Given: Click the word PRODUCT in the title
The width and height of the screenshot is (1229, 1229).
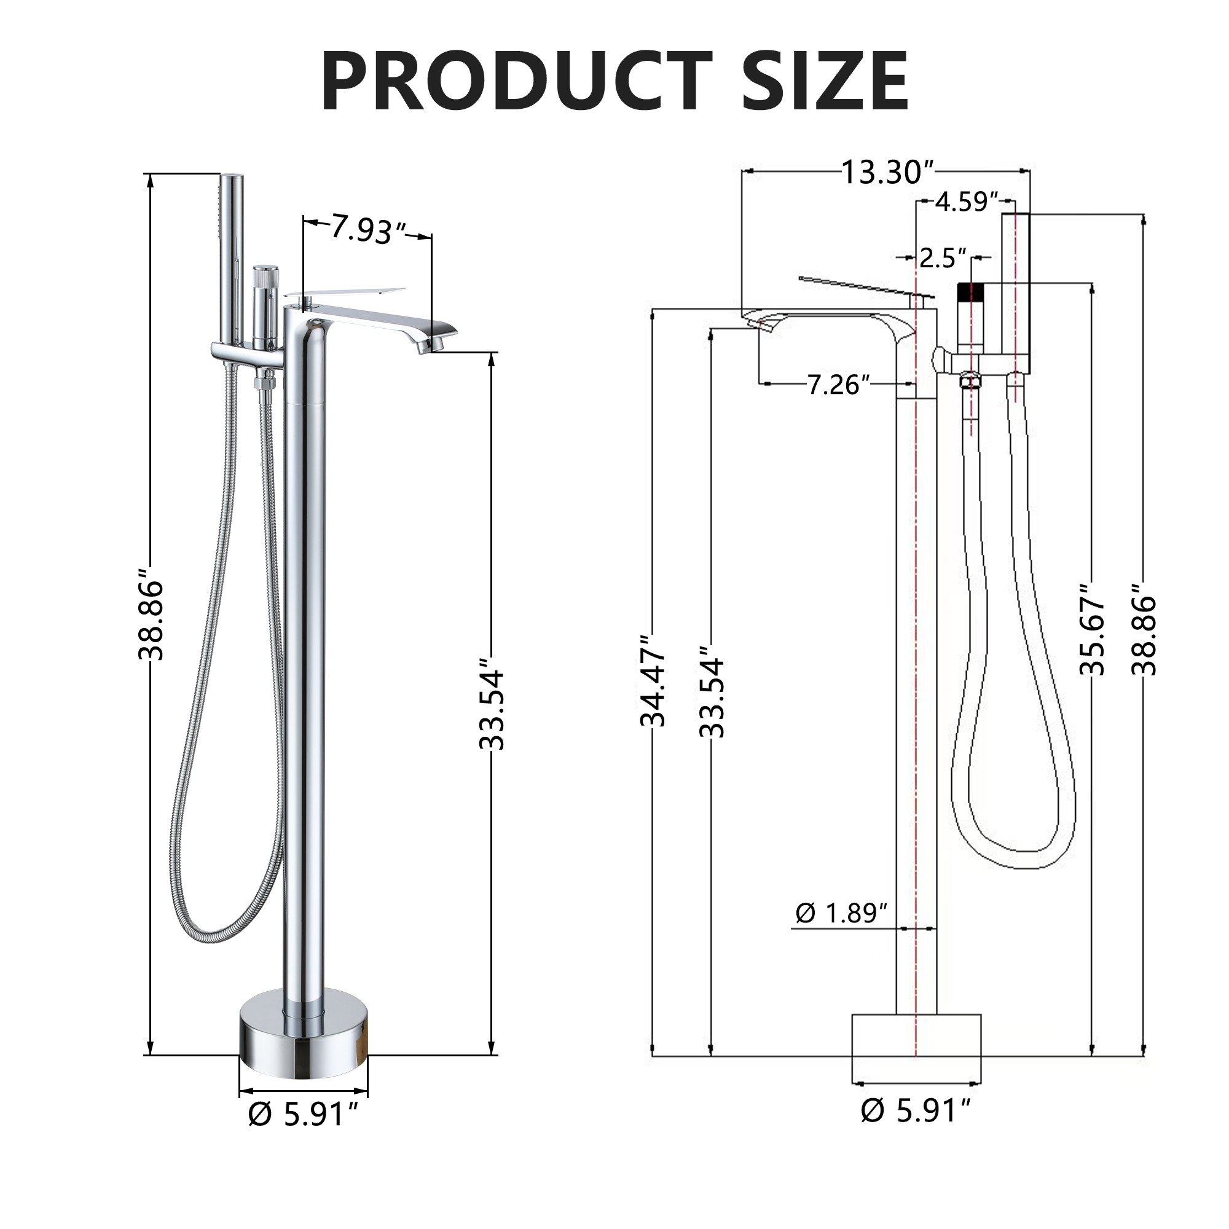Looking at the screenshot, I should (x=516, y=83).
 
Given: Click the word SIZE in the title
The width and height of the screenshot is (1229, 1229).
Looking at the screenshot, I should (x=825, y=83).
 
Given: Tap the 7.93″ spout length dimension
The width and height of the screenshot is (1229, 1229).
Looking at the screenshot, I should (x=367, y=230).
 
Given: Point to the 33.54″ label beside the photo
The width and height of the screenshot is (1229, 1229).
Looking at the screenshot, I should (x=492, y=709).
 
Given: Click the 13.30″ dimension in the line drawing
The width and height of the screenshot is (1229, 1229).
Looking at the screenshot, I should (x=887, y=173).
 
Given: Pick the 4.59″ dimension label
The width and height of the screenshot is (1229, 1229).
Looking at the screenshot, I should (x=965, y=202).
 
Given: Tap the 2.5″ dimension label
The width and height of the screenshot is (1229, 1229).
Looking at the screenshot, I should (x=942, y=258).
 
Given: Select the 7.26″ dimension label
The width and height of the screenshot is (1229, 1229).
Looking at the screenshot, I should (x=838, y=385).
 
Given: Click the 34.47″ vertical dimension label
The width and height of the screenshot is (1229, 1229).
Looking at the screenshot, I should (x=653, y=681).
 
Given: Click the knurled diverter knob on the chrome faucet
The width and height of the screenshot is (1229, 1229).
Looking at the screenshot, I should (x=262, y=278).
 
